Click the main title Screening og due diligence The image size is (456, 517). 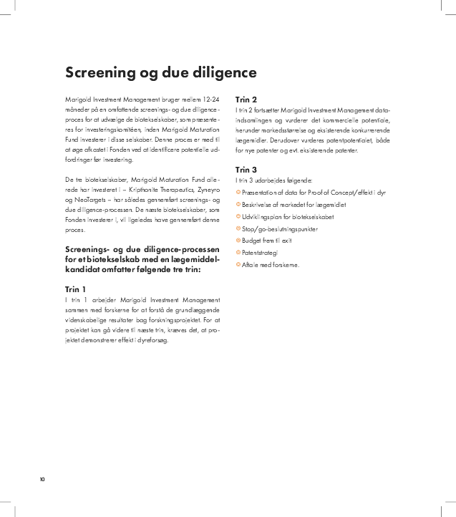pyautogui.click(x=160, y=72)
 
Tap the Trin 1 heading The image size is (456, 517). pyautogui.click(x=75, y=288)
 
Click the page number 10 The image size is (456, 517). pyautogui.click(x=42, y=479)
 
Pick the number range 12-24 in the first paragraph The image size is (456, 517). pyautogui.click(x=209, y=97)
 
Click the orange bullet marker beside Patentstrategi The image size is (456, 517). pyautogui.click(x=238, y=253)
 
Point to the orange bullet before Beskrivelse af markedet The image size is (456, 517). pyautogui.click(x=238, y=204)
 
